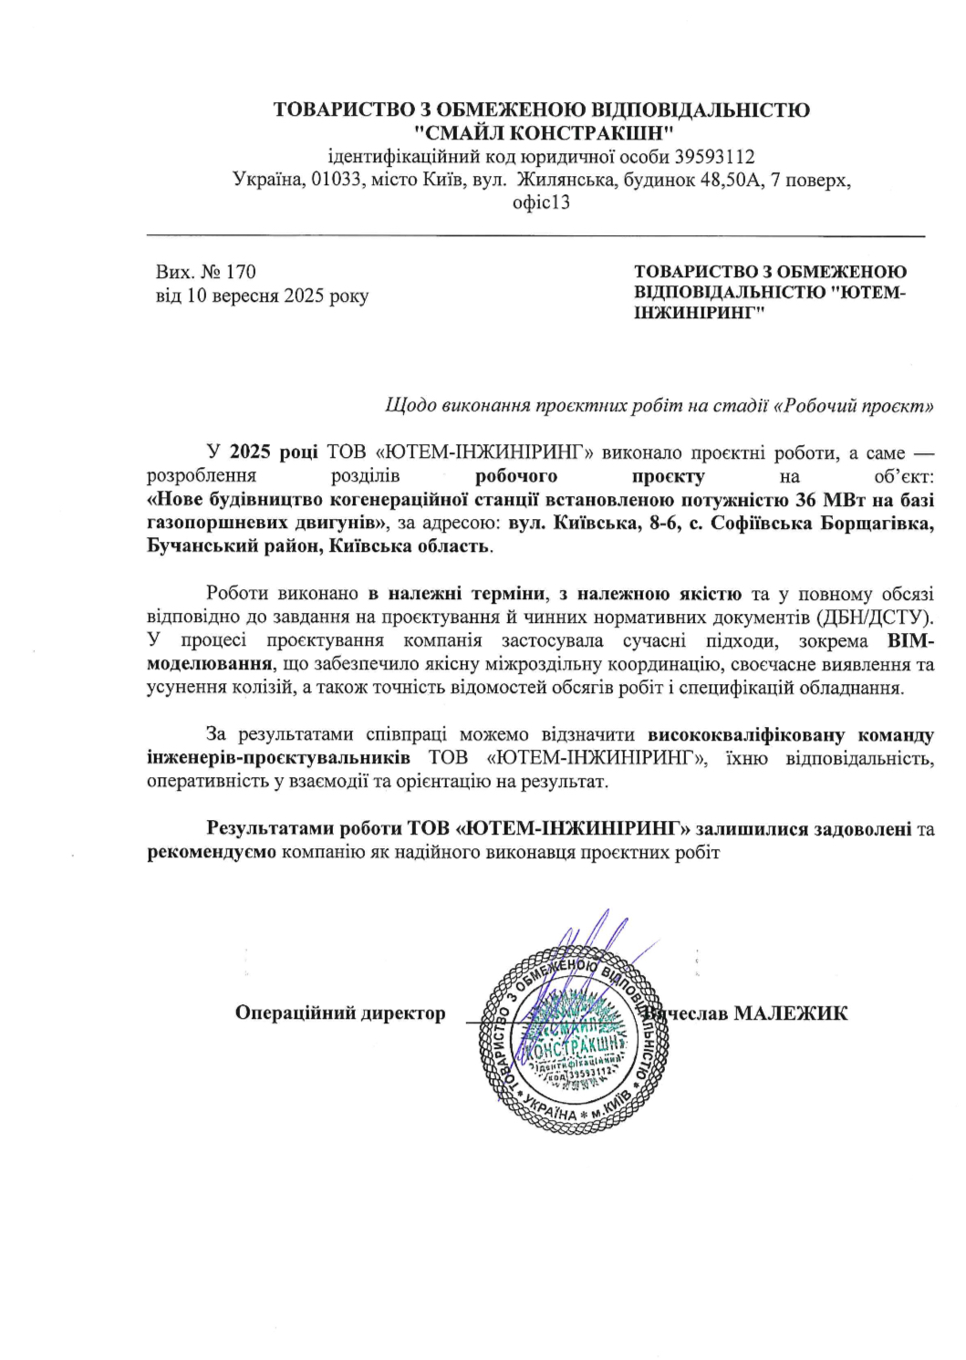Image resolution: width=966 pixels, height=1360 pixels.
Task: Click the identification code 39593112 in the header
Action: click(714, 157)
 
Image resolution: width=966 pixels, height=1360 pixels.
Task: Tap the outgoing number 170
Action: click(241, 272)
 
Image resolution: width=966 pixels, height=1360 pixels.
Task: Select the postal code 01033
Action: click(338, 180)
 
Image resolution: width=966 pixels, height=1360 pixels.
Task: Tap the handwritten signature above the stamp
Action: click(593, 940)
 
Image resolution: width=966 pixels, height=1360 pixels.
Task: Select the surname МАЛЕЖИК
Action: click(791, 1013)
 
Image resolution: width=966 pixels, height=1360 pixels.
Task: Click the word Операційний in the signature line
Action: click(290, 1013)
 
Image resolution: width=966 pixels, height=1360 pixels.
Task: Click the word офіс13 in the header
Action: click(542, 202)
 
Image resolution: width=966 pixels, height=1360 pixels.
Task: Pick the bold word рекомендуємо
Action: click(212, 853)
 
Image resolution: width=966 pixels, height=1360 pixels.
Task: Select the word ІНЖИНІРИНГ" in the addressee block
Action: click(699, 313)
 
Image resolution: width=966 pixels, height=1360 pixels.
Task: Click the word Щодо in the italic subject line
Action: click(410, 405)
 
